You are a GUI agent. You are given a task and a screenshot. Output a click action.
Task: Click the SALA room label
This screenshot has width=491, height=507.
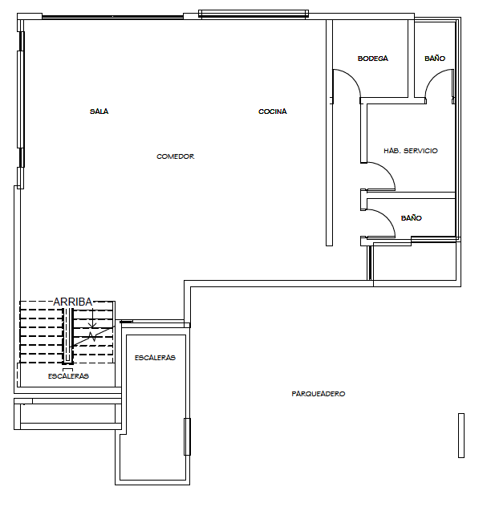click(99, 112)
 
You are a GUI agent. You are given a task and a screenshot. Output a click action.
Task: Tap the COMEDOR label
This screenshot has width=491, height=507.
click(176, 156)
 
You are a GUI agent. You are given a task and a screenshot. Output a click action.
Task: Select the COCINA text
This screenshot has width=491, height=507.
click(272, 112)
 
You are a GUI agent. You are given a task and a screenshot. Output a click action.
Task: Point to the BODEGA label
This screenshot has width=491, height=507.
click(372, 59)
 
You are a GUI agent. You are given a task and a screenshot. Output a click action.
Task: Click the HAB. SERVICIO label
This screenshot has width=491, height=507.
click(411, 151)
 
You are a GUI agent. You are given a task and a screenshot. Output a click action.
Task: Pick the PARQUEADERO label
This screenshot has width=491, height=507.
click(319, 394)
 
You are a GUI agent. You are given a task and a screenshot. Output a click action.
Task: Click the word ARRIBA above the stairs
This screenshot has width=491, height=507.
click(73, 302)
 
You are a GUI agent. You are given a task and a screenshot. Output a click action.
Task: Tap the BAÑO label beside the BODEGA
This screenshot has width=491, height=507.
click(435, 59)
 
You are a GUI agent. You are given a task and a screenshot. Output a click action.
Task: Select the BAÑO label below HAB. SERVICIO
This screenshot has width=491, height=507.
click(411, 218)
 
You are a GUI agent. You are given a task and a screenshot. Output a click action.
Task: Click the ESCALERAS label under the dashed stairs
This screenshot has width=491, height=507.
click(68, 376)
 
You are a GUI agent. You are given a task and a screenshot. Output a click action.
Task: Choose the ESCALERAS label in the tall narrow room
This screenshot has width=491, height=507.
click(155, 358)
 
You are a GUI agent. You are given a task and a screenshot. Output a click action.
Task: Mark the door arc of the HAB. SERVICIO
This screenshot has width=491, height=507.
click(388, 169)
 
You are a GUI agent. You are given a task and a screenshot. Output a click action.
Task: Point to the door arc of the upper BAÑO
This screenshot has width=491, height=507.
click(432, 77)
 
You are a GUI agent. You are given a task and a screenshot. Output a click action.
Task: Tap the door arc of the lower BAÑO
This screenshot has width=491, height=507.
click(388, 217)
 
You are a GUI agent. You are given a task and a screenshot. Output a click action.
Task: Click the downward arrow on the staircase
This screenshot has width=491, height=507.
click(92, 318)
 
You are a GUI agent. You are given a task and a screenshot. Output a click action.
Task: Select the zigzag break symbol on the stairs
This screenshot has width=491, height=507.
click(92, 336)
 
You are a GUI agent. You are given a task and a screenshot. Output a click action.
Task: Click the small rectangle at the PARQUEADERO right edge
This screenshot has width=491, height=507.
click(461, 436)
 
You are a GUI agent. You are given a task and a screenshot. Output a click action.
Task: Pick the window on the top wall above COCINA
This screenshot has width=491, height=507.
click(254, 14)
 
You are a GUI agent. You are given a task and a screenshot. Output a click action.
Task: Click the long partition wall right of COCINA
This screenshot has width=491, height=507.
click(329, 132)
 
